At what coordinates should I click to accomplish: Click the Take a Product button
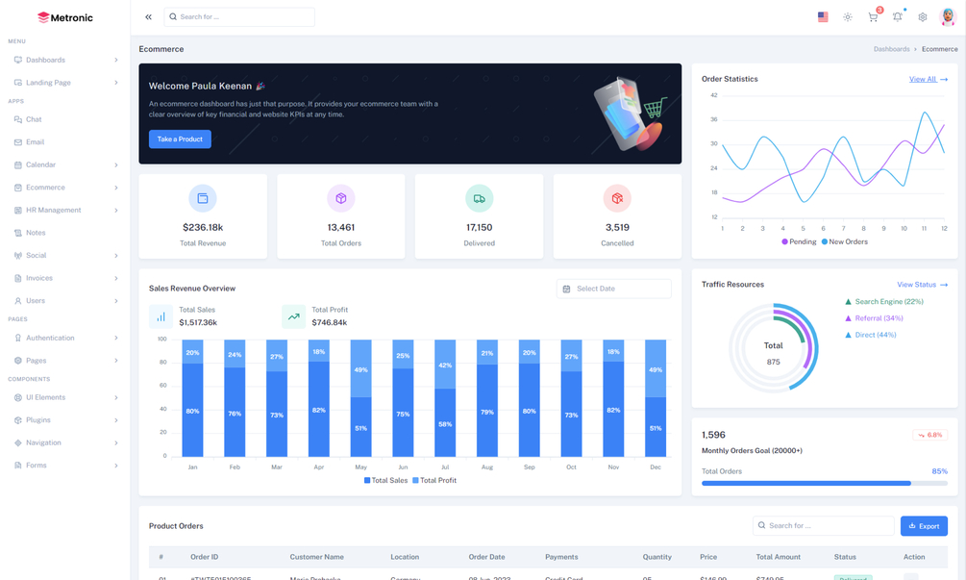pos(180,139)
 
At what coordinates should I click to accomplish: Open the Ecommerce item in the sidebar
pos(45,188)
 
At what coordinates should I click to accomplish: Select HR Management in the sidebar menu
pos(53,210)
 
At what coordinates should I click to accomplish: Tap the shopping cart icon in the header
pos(873,17)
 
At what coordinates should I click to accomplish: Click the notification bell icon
pos(898,17)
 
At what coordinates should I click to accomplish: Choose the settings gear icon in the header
pos(923,17)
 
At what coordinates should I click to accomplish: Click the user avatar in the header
pos(947,17)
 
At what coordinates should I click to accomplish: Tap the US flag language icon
pos(823,17)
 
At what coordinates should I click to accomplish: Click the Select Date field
pos(613,289)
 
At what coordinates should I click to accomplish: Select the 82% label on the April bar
pos(319,410)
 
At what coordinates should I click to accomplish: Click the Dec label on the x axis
pos(656,467)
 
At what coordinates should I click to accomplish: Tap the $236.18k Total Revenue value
pos(203,227)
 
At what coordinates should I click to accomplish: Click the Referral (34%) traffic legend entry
pos(879,318)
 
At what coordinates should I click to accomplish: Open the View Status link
pos(922,285)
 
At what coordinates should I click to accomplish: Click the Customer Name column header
pos(316,557)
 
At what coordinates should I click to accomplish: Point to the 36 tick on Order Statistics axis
pos(714,119)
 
